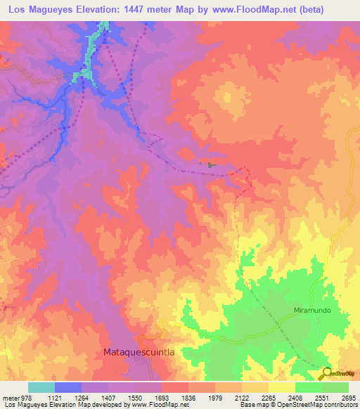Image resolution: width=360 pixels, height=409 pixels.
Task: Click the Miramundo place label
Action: click(312, 310)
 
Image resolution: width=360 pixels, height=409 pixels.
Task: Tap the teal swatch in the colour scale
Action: click(41, 387)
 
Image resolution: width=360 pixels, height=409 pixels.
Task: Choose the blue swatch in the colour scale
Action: click(68, 387)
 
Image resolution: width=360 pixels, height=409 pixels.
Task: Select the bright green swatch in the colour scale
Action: click(309, 387)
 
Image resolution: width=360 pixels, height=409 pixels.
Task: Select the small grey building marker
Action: click(210, 165)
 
